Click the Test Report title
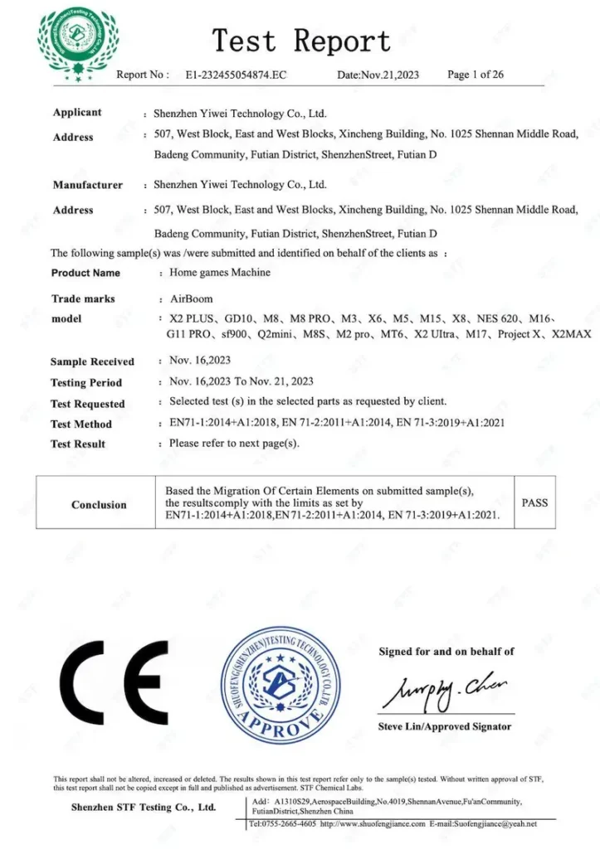[300, 40]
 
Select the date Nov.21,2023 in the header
[378, 75]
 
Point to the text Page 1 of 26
[476, 75]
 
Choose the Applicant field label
[77, 113]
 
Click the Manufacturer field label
[87, 185]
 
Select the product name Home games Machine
[219, 272]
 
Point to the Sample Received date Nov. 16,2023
[199, 361]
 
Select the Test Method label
[81, 424]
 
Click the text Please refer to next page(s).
[233, 444]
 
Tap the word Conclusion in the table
[99, 505]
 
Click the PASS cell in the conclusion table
[534, 502]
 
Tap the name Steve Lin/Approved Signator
[445, 727]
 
